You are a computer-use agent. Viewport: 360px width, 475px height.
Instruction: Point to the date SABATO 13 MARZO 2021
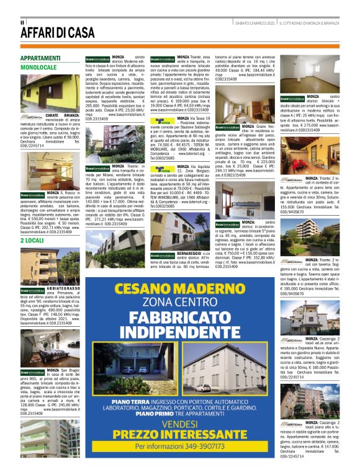254,22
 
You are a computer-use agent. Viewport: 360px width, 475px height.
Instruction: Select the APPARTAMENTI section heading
40,58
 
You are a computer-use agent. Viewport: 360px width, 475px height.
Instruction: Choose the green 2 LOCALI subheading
31,239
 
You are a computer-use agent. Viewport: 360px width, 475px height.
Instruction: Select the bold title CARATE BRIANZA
62,115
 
